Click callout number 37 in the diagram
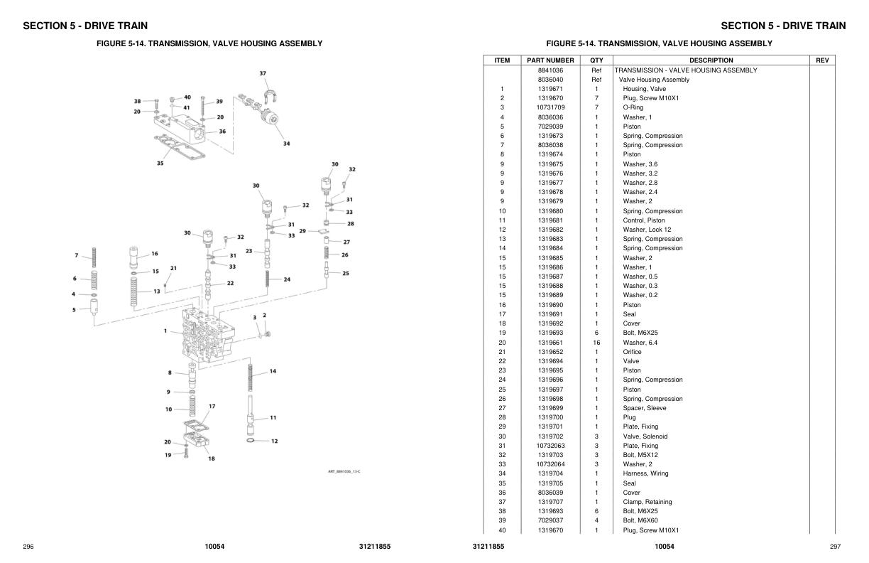pos(263,74)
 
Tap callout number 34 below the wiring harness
pos(286,144)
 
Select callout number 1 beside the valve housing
pos(165,331)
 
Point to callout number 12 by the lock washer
pos(274,441)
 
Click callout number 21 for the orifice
pos(173,269)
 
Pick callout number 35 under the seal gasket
pos(160,163)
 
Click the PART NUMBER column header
pos(550,60)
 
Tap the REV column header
pos(822,60)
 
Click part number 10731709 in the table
pos(550,107)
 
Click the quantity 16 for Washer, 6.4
pos(596,342)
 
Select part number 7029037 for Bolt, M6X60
pos(550,520)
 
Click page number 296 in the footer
pos(28,547)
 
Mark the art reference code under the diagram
pos(344,472)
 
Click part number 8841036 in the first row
pos(550,70)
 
